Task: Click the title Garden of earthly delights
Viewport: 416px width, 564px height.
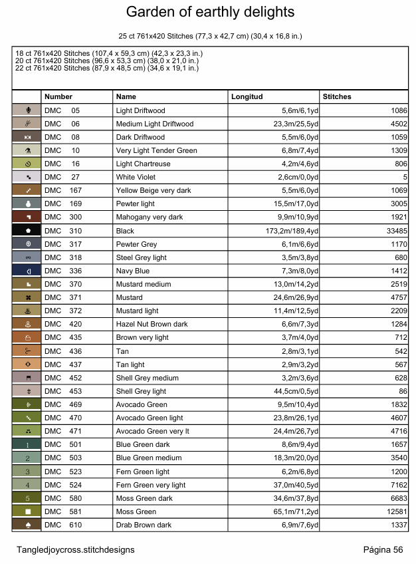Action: (x=210, y=13)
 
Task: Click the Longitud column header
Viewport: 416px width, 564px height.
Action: (x=247, y=97)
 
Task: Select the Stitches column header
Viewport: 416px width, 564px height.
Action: (x=337, y=97)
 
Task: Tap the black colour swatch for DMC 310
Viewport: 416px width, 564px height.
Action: (x=27, y=231)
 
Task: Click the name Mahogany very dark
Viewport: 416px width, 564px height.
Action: (x=149, y=217)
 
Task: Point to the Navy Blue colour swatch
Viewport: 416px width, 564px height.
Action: (x=27, y=271)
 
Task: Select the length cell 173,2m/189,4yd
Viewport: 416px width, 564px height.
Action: (x=292, y=231)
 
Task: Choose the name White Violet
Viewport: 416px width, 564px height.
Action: (x=136, y=178)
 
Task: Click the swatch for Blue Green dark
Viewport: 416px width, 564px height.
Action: (x=27, y=445)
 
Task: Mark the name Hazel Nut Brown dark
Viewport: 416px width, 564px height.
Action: (x=152, y=325)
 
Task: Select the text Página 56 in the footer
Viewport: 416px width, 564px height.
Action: (x=383, y=550)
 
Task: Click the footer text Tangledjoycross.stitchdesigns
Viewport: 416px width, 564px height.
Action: (x=76, y=550)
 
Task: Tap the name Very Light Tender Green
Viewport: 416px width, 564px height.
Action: (x=156, y=150)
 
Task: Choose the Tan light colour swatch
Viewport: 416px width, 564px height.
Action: (x=27, y=364)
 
